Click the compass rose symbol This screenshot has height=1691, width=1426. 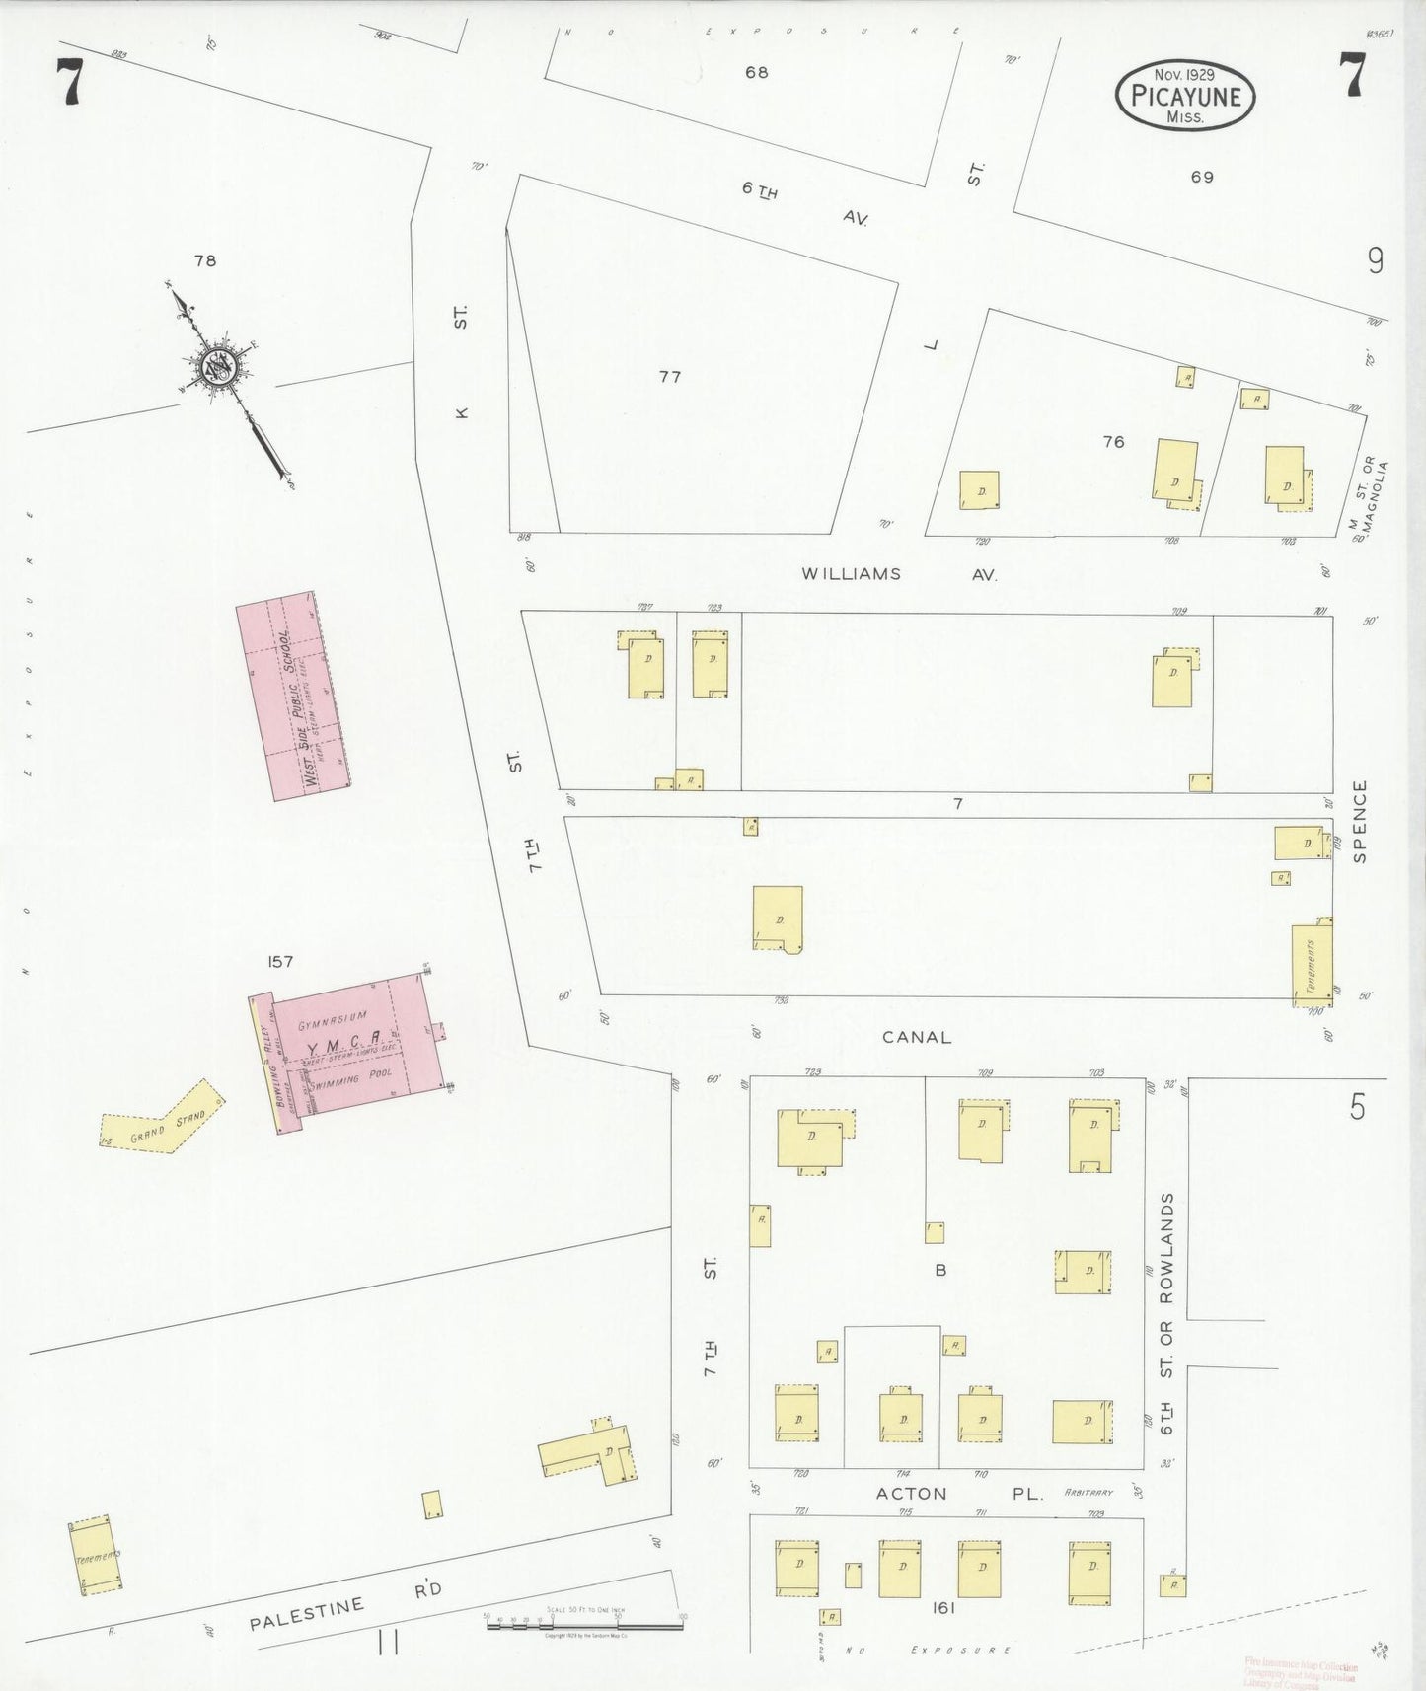click(216, 367)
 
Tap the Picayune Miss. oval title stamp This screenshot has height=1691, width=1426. click(1184, 96)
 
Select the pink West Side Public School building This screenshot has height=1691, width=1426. click(294, 695)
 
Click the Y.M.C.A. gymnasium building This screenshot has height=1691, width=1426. click(353, 1040)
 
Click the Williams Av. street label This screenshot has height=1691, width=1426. click(897, 573)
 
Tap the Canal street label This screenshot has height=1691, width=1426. click(917, 1037)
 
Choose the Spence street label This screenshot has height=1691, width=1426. click(1361, 822)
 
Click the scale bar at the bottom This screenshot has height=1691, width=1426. click(583, 1624)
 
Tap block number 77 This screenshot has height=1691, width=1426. click(670, 377)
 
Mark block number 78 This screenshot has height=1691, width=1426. click(205, 261)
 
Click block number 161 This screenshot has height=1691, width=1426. click(942, 1608)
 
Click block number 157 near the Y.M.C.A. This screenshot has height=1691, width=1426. click(280, 962)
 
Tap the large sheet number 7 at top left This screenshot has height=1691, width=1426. click(69, 81)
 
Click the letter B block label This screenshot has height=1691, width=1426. click(940, 1270)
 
